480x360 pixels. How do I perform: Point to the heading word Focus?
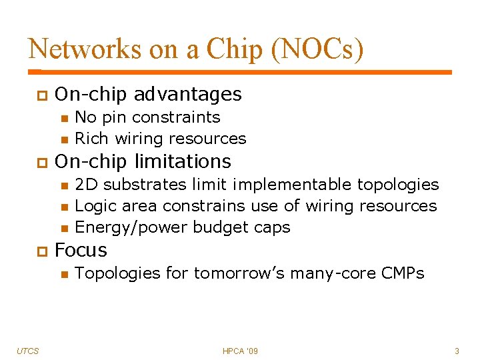pos(81,250)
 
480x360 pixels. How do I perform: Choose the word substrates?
pos(146,184)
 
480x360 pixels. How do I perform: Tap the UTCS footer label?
pos(27,351)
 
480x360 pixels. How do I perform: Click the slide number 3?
pos(457,351)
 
